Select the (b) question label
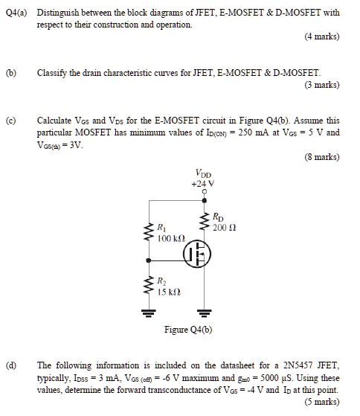pos(11,72)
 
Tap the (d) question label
pos(11,365)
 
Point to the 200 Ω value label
pos(224,228)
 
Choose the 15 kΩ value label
pos(168,291)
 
